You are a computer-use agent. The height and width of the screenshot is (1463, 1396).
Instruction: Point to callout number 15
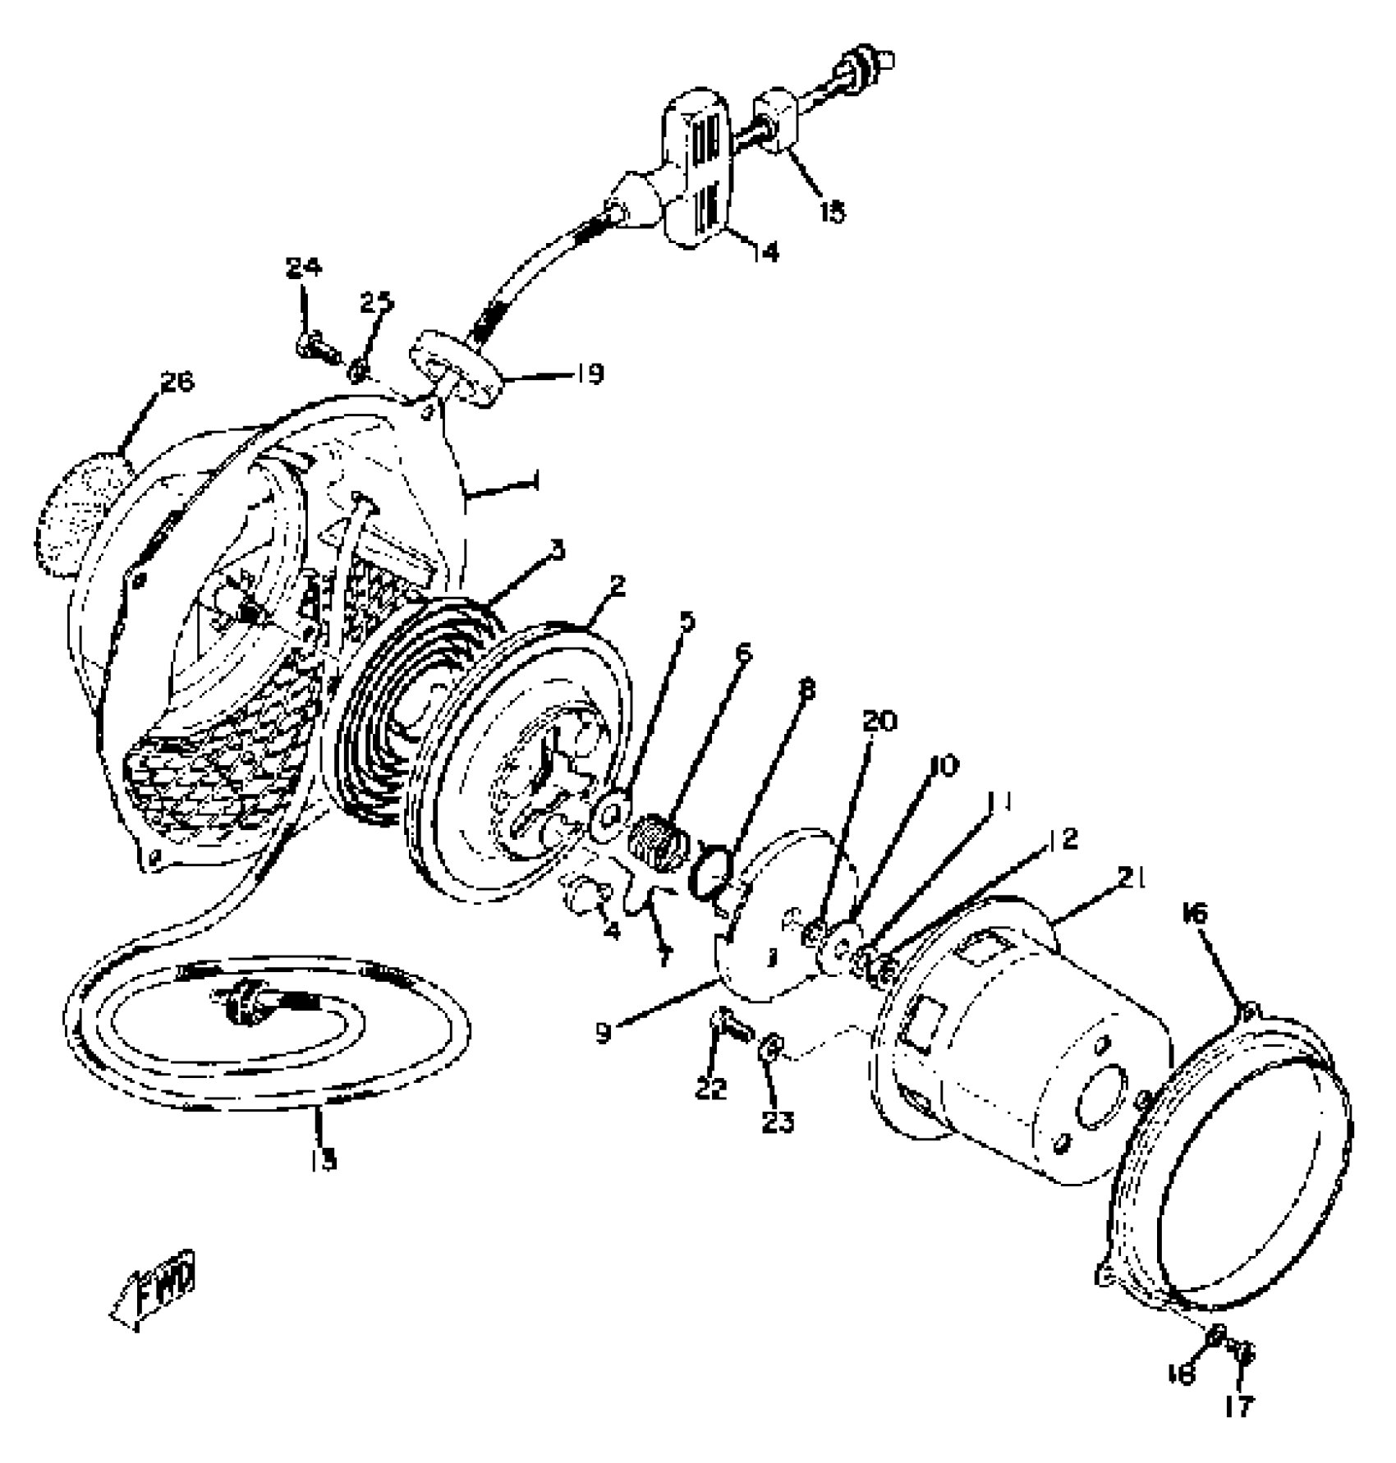point(831,212)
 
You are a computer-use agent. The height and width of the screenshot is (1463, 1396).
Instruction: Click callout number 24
point(304,268)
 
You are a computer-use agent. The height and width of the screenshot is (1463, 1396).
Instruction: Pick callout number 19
point(588,374)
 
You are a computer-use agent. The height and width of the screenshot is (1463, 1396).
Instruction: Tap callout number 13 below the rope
point(324,1160)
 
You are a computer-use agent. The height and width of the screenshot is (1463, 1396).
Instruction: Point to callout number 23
point(777,1121)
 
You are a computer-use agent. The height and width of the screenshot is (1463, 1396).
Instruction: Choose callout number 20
point(879,722)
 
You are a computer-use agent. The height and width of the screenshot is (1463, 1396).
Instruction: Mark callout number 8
point(806,690)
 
